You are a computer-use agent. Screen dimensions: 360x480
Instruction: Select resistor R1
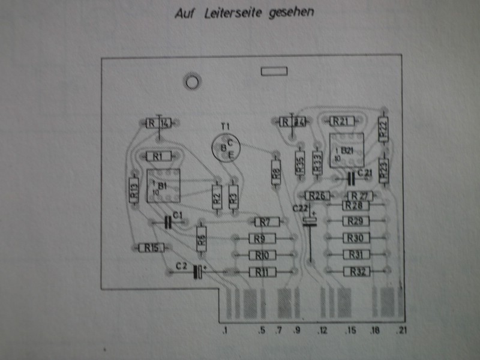click(158, 156)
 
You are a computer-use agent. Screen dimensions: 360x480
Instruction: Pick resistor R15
click(151, 247)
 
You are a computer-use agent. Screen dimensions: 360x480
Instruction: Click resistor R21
click(340, 121)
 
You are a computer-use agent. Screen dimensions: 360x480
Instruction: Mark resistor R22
click(383, 127)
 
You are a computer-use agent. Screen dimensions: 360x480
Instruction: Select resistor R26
click(318, 196)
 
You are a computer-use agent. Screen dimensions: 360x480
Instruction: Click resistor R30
click(356, 238)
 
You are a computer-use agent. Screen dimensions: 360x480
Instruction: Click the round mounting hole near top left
click(193, 81)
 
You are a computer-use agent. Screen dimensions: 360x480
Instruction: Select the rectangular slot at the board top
click(274, 71)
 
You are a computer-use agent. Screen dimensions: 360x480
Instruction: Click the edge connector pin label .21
click(401, 331)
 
